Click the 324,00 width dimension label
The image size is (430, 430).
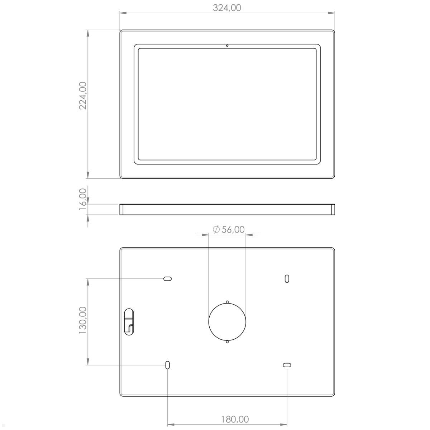coord(227,8)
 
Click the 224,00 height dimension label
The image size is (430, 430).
coord(83,95)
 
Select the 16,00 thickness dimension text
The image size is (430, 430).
coord(83,199)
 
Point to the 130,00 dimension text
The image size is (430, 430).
coord(83,320)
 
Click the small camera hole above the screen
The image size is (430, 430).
coord(227,46)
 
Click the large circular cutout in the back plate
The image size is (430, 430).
coord(227,321)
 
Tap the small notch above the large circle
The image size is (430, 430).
coord(227,302)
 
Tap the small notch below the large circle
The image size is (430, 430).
coord(227,341)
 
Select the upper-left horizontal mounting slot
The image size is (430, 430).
coord(167,278)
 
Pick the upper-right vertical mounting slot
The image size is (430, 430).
coord(287,278)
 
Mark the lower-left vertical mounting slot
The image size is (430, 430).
coord(167,365)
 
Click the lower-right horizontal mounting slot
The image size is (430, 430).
coord(287,365)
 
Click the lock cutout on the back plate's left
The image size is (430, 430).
coord(128,321)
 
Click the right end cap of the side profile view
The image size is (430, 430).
coord(333,210)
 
